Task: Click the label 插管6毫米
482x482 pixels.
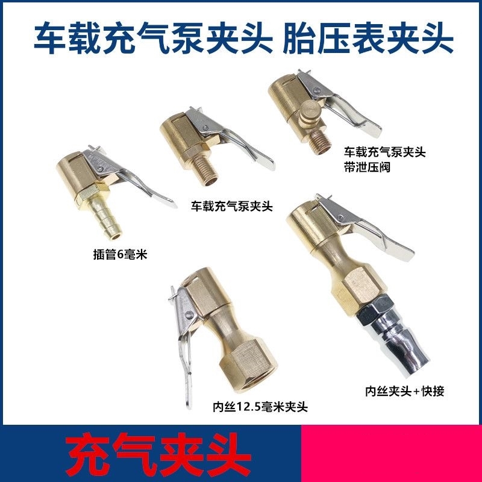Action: click(117, 255)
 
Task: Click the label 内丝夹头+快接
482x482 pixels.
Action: click(405, 391)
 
